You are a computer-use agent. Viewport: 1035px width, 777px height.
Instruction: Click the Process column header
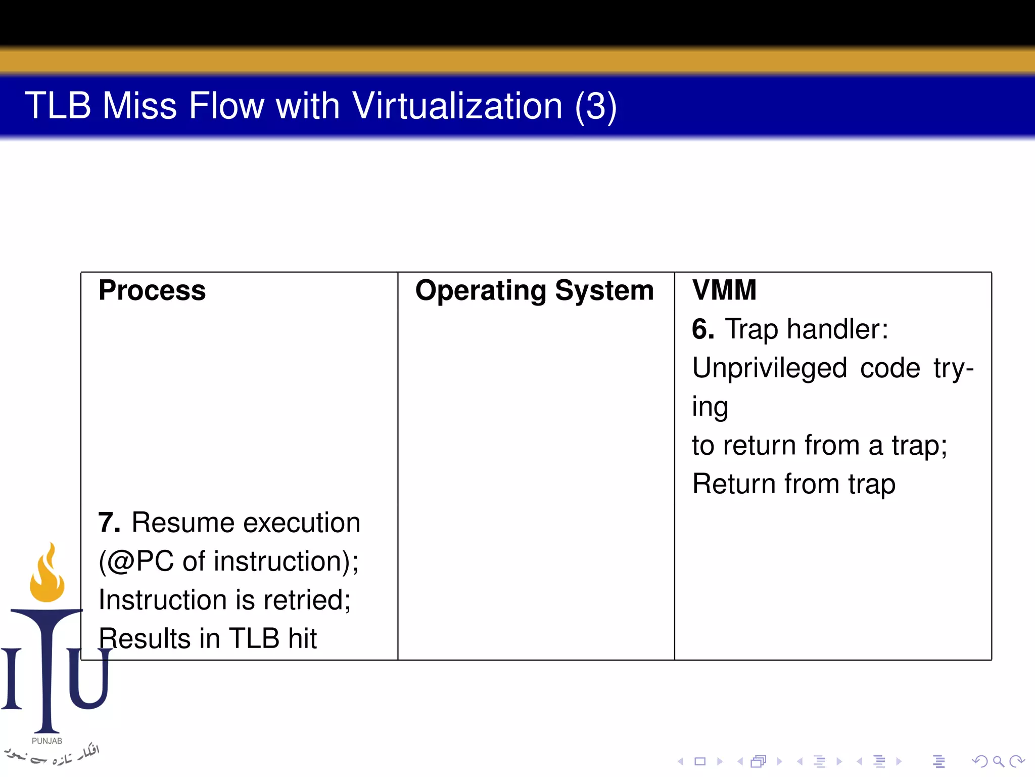(152, 290)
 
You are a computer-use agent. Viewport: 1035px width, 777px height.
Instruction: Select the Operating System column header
(534, 291)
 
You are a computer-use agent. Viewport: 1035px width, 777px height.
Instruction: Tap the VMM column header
(724, 290)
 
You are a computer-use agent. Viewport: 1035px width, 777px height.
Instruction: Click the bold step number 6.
(702, 329)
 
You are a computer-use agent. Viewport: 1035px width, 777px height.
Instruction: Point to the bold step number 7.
(109, 523)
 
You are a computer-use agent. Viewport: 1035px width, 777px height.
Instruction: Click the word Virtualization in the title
(457, 106)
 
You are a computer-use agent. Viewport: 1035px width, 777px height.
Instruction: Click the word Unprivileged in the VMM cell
(769, 368)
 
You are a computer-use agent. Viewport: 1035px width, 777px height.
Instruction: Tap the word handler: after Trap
(837, 329)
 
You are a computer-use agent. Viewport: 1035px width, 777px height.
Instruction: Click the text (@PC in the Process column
(136, 562)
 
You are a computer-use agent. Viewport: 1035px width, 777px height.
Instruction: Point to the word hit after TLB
(302, 638)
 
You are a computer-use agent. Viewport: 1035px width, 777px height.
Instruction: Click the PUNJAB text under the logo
(46, 741)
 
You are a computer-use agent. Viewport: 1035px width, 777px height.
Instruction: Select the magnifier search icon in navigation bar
(998, 761)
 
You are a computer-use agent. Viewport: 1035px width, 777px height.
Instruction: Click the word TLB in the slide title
(58, 106)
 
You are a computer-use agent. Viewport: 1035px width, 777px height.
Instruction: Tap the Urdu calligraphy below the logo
(51, 755)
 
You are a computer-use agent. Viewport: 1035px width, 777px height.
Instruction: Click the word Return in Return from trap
(733, 484)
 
